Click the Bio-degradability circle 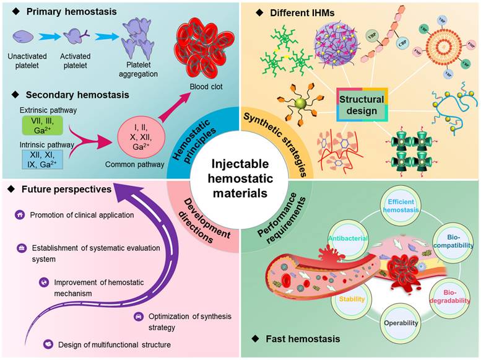[451, 295]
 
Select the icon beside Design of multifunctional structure [47, 344]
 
